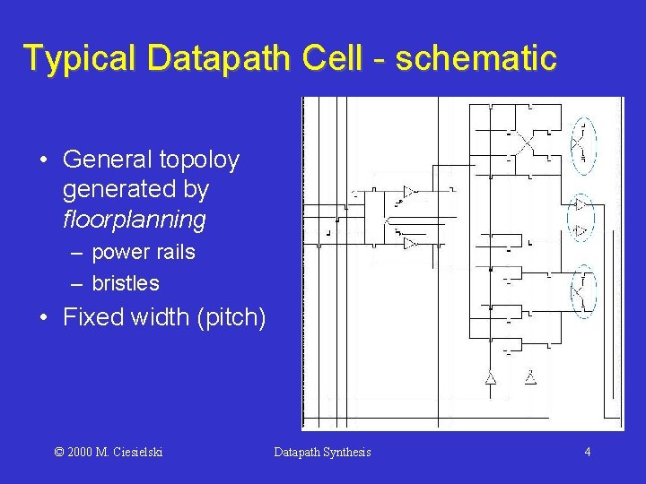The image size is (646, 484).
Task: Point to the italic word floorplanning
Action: point(135,220)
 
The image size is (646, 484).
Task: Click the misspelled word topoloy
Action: point(199,160)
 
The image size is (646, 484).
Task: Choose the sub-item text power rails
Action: point(144,253)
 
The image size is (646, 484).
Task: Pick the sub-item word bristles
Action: point(126,283)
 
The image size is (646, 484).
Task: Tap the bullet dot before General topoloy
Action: point(44,161)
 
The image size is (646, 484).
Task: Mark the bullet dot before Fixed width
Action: point(44,318)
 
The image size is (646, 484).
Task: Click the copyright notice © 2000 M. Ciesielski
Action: point(109,452)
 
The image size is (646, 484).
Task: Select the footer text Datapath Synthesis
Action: point(322,452)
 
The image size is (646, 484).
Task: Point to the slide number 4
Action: point(587,452)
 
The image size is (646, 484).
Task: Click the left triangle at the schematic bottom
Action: point(491,378)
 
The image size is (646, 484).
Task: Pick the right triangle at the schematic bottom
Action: point(530,377)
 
